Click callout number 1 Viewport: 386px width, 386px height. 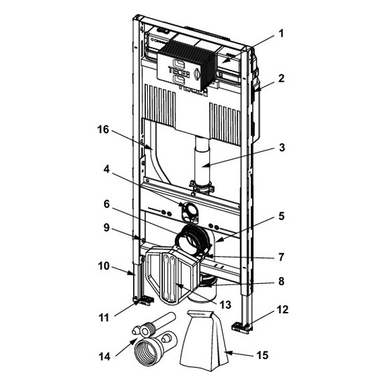[281, 33]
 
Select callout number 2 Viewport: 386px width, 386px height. [281, 78]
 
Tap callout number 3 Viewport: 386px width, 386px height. [282, 148]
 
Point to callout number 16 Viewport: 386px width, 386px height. [103, 129]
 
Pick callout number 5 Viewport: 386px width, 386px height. [281, 216]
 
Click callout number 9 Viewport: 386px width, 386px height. [106, 228]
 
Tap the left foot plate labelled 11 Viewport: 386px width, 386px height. [143, 300]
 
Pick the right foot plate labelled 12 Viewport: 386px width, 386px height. [242, 327]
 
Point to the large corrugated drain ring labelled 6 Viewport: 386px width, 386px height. [192, 238]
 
